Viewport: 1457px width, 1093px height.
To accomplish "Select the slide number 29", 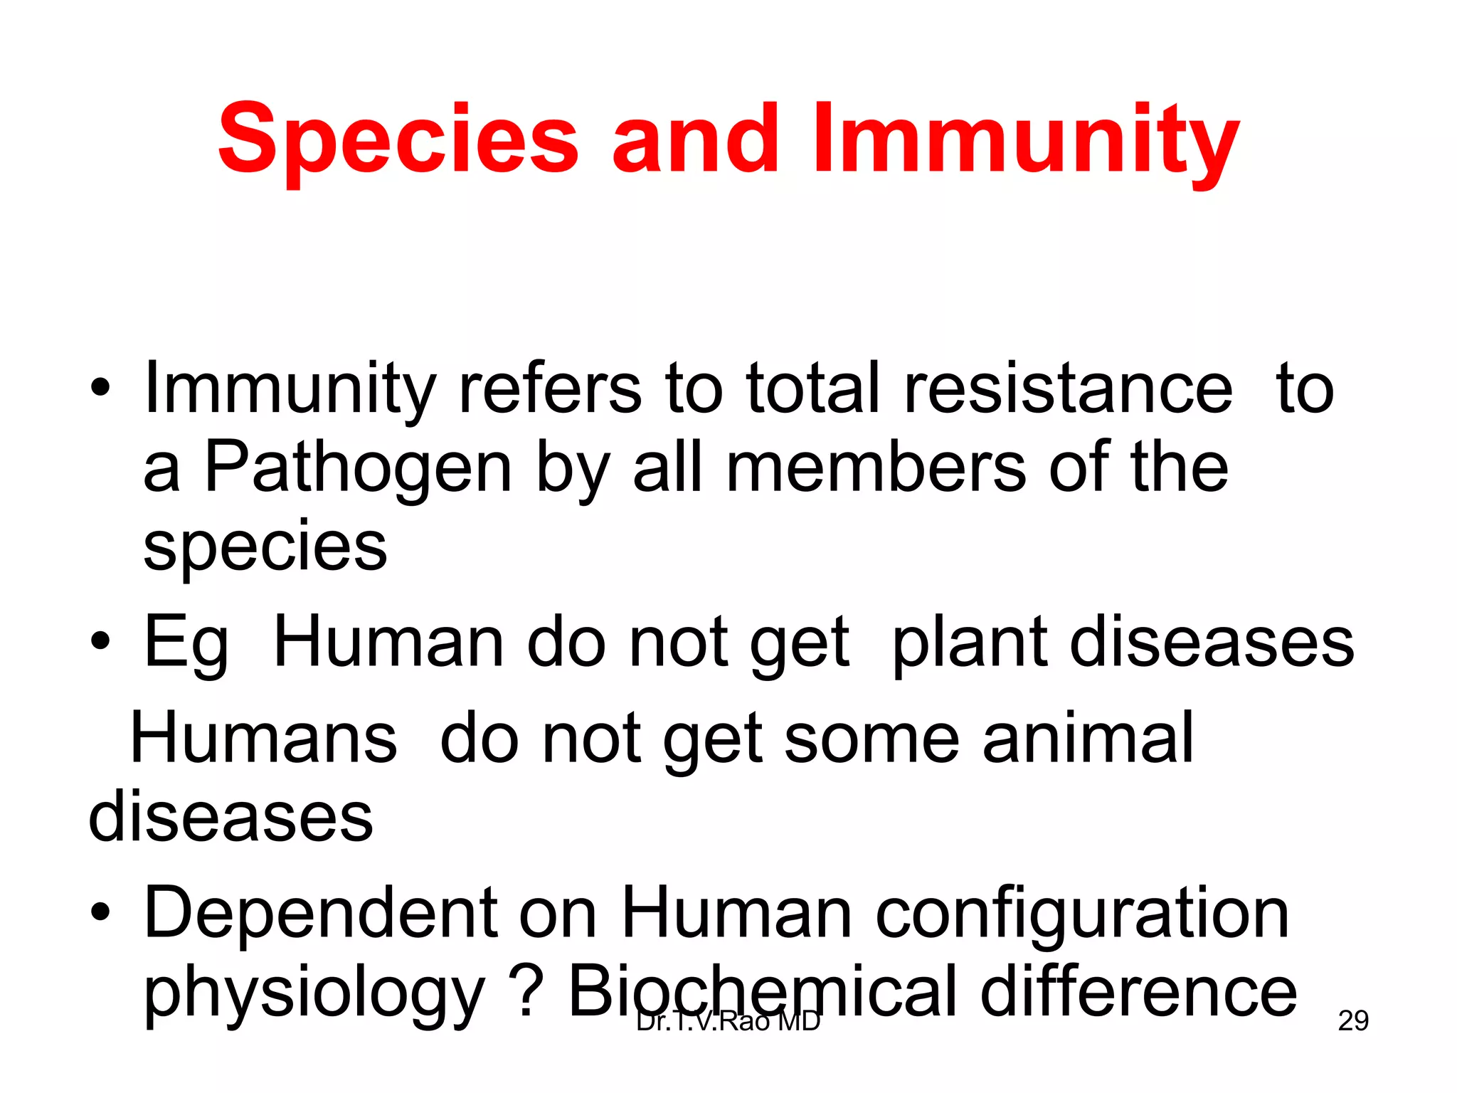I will [1353, 1020].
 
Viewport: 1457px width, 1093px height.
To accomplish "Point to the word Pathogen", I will [358, 468].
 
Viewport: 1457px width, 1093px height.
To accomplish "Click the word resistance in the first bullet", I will [1068, 389].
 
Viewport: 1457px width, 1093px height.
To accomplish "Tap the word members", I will [876, 468].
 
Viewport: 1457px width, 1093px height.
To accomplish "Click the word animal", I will [1088, 739].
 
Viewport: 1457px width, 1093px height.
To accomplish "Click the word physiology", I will [314, 993].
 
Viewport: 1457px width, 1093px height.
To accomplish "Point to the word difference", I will [1138, 992].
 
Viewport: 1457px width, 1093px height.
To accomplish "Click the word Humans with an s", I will [263, 739].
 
